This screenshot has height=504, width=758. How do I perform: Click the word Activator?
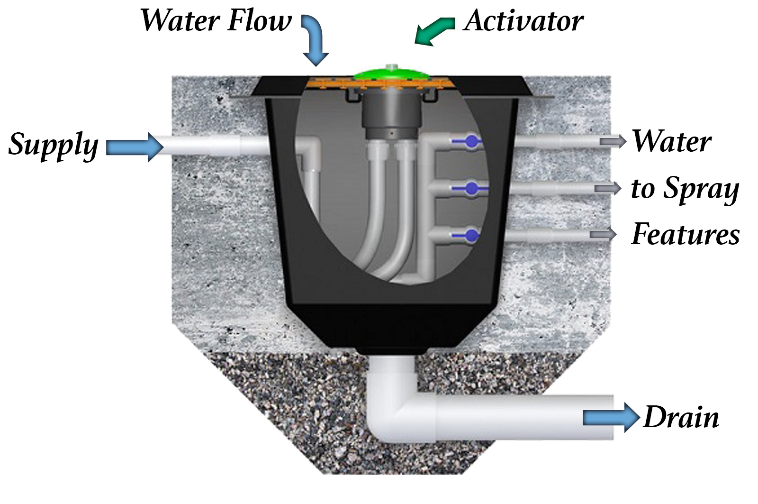tap(523, 22)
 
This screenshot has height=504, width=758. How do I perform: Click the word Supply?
tap(54, 145)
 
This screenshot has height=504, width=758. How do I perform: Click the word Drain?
tap(681, 418)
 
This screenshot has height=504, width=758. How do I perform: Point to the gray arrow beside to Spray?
tap(608, 188)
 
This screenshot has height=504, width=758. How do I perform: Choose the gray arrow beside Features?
tap(603, 234)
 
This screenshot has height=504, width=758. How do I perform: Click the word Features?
tap(686, 234)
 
